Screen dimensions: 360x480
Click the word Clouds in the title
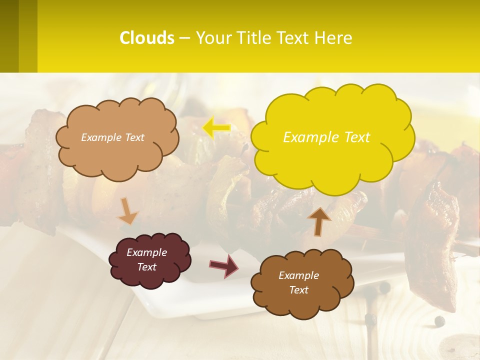click(147, 38)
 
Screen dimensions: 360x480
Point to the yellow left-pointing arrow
click(216, 128)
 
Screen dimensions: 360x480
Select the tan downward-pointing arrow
click(128, 212)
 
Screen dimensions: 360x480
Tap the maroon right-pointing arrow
click(223, 265)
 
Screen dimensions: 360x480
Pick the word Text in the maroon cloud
click(146, 267)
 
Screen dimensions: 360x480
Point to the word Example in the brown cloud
click(298, 275)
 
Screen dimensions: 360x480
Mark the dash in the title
click(184, 38)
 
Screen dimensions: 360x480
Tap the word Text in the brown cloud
click(298, 290)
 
